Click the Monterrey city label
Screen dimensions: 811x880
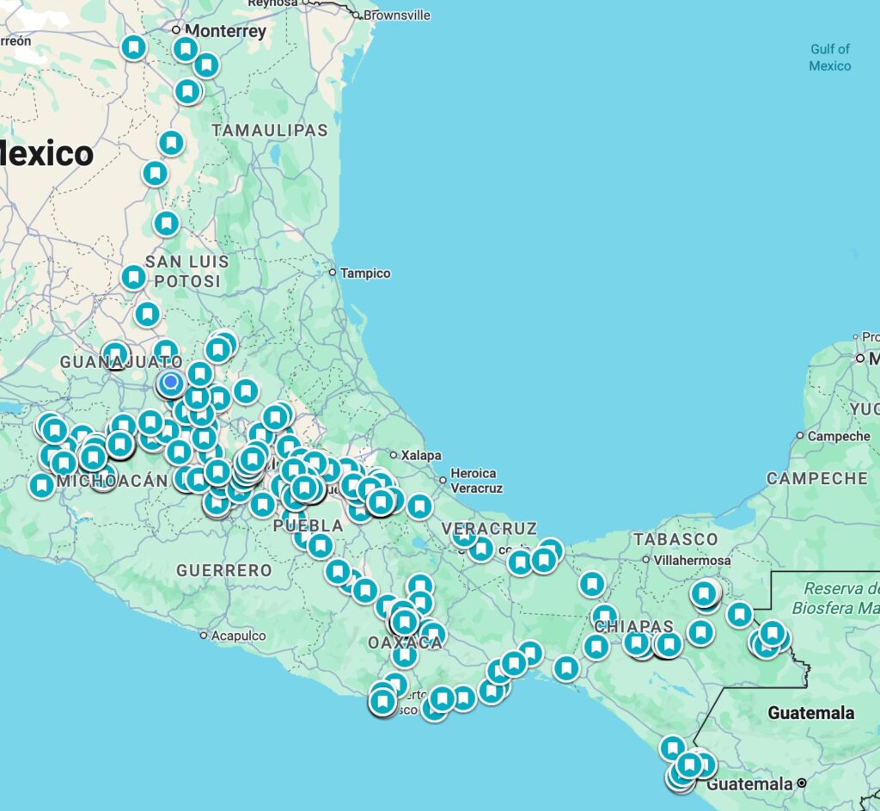coord(225,31)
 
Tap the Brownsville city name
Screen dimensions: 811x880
coord(398,15)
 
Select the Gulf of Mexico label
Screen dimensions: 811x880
coord(829,58)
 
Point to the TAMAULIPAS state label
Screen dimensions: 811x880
coord(270,131)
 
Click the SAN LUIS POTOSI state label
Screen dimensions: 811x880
coord(186,271)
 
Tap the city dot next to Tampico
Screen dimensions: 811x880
coord(333,273)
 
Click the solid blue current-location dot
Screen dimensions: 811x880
coord(171,382)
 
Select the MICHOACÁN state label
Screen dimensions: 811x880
coord(112,481)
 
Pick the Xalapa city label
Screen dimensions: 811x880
coord(421,455)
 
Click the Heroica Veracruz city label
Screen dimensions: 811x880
coord(474,480)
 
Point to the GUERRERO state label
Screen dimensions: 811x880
coord(223,570)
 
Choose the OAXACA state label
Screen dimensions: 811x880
coord(406,643)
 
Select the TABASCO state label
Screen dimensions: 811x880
coord(675,539)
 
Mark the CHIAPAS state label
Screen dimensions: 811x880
coord(633,625)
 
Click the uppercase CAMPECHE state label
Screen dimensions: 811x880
coord(817,478)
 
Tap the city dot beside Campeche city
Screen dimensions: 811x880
coord(800,436)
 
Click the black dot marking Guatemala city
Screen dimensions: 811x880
coord(801,783)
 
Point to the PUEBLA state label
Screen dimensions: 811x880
coord(308,525)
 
